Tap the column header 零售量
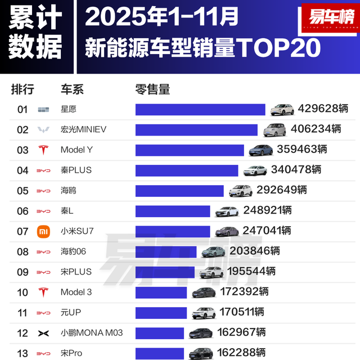pos(152,89)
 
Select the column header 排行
pos(22,89)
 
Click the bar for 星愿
pos(200,109)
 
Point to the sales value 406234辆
pos(316,129)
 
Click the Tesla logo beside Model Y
pos(43,150)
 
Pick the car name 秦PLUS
pos(76,170)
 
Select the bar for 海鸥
pos(179,191)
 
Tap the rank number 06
pos(22,211)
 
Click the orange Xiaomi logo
pos(43,231)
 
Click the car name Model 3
pos(76,292)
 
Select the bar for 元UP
pos(161,312)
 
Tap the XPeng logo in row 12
pos(43,333)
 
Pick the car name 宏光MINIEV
pos(83,129)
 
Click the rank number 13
pos(22,353)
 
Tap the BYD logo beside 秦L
pos(43,211)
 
